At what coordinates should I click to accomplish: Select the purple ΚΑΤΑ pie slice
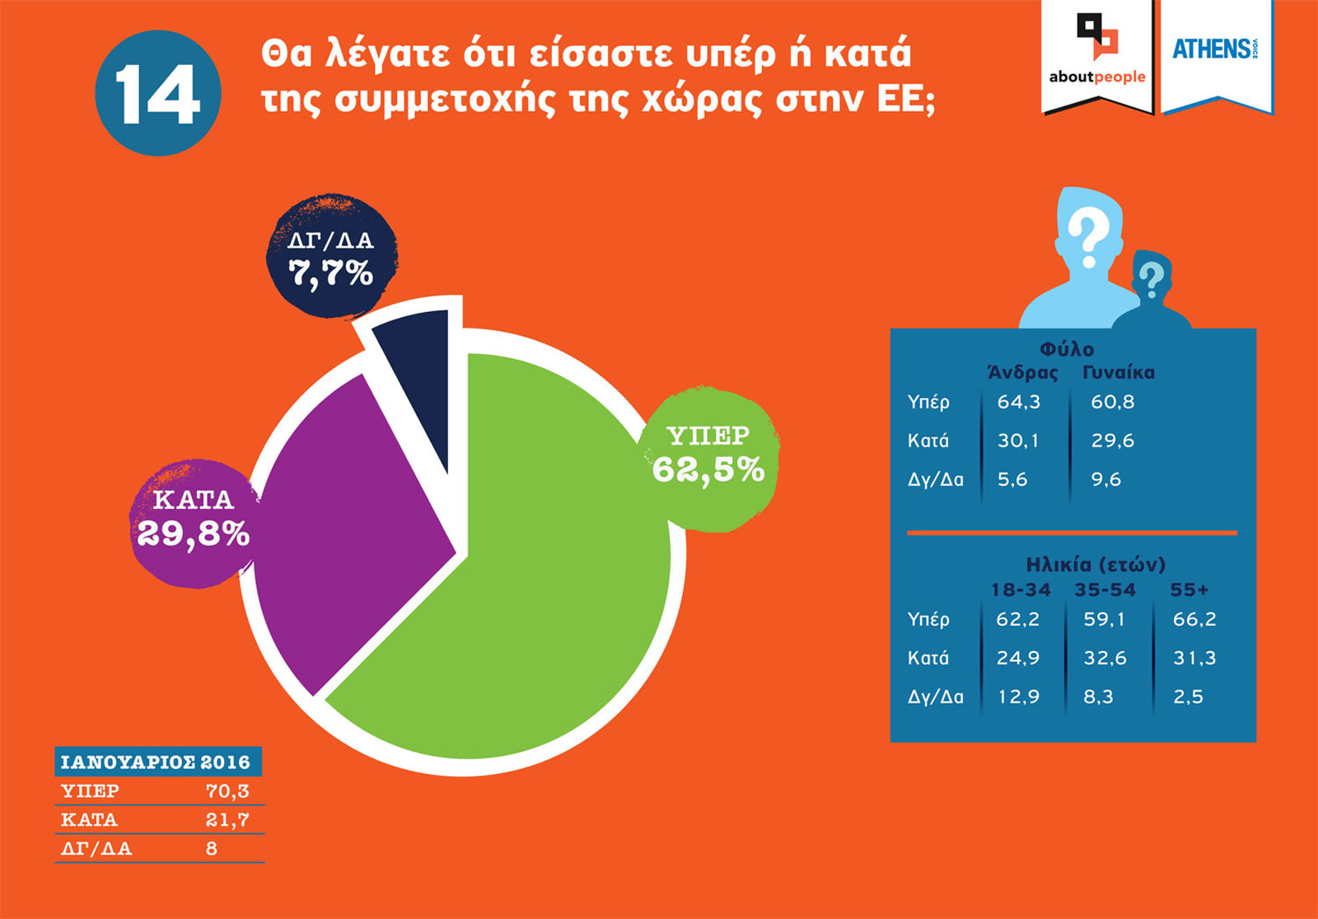(346, 527)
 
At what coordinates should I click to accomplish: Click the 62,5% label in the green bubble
(708, 470)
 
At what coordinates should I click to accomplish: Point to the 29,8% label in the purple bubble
(193, 534)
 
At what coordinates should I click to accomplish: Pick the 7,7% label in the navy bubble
(331, 273)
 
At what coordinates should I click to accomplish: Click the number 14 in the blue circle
(157, 93)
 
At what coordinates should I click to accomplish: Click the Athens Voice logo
(1215, 49)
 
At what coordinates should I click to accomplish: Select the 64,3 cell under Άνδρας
(1019, 402)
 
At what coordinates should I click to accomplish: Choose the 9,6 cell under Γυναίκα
(1105, 479)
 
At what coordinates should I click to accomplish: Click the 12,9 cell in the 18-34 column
(1018, 697)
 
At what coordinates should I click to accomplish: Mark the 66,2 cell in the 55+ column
(1194, 619)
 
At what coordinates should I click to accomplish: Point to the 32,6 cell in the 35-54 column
(1105, 658)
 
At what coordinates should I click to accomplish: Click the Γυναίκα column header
(1118, 372)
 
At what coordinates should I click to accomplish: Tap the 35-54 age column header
(1105, 590)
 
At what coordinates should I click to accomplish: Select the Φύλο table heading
(1067, 350)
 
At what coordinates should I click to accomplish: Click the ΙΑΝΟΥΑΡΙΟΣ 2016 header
(156, 762)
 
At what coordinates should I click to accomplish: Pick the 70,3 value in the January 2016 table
(227, 791)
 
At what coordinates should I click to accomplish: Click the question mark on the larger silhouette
(1088, 235)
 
